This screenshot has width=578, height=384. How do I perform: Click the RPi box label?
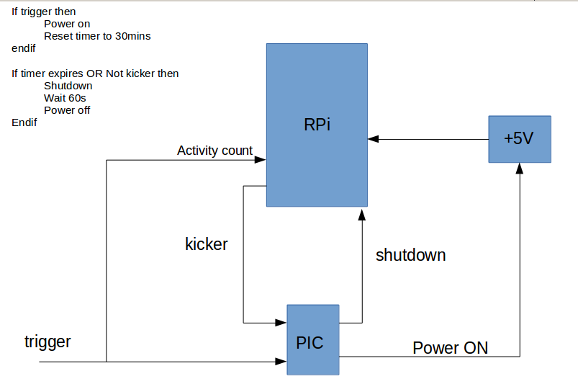[317, 124]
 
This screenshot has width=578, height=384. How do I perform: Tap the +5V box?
[519, 138]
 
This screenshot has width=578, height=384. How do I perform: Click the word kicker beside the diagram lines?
[207, 244]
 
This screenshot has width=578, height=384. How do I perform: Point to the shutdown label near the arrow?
[410, 255]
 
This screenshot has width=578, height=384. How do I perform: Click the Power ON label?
[450, 348]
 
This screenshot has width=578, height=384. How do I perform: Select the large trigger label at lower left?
[48, 341]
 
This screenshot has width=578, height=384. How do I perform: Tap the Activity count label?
[215, 151]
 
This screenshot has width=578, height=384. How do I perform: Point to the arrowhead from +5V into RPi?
[371, 138]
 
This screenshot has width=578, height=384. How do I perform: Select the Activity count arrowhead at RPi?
[261, 159]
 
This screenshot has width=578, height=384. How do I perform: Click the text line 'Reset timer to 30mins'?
[97, 36]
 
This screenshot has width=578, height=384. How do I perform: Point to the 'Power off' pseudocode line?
[67, 110]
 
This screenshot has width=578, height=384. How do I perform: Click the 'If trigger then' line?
[44, 12]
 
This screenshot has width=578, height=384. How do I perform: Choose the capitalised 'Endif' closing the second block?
[24, 122]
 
